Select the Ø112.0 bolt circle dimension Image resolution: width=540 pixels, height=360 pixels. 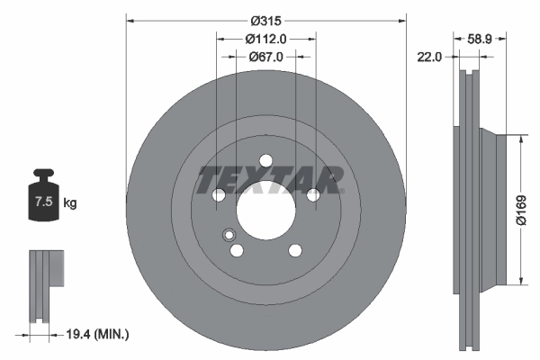click(265, 38)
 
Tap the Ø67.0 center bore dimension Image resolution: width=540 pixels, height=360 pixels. click(265, 56)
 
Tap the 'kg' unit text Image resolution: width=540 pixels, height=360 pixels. click(70, 203)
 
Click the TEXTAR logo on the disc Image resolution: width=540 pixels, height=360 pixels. click(270, 177)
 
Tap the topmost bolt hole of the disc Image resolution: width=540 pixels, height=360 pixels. click(265, 161)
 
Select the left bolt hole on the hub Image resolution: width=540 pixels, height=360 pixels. click(218, 195)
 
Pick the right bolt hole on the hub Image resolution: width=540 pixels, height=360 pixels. click(312, 195)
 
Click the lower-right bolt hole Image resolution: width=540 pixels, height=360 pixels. click(294, 251)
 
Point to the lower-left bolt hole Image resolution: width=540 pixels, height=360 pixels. click(237, 251)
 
